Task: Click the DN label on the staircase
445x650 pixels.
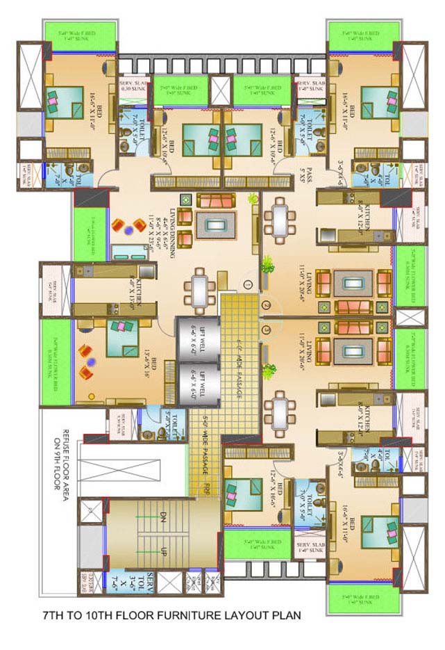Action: click(164, 517)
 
